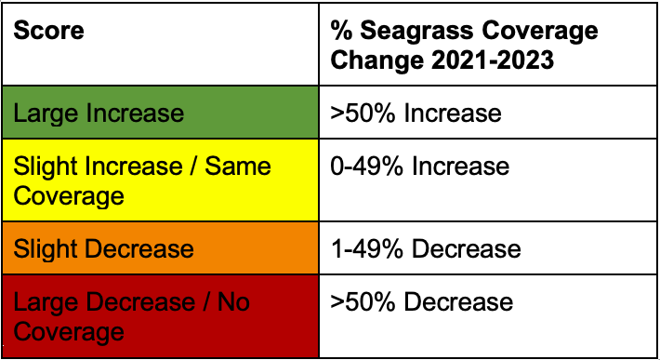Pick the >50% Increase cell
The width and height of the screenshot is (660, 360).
pos(488,113)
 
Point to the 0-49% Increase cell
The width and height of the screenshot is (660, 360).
pos(488,180)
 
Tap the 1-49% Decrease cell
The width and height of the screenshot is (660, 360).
pos(488,248)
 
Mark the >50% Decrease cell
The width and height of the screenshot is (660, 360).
pos(488,316)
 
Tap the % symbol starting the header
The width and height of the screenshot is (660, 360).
pos(339,31)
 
